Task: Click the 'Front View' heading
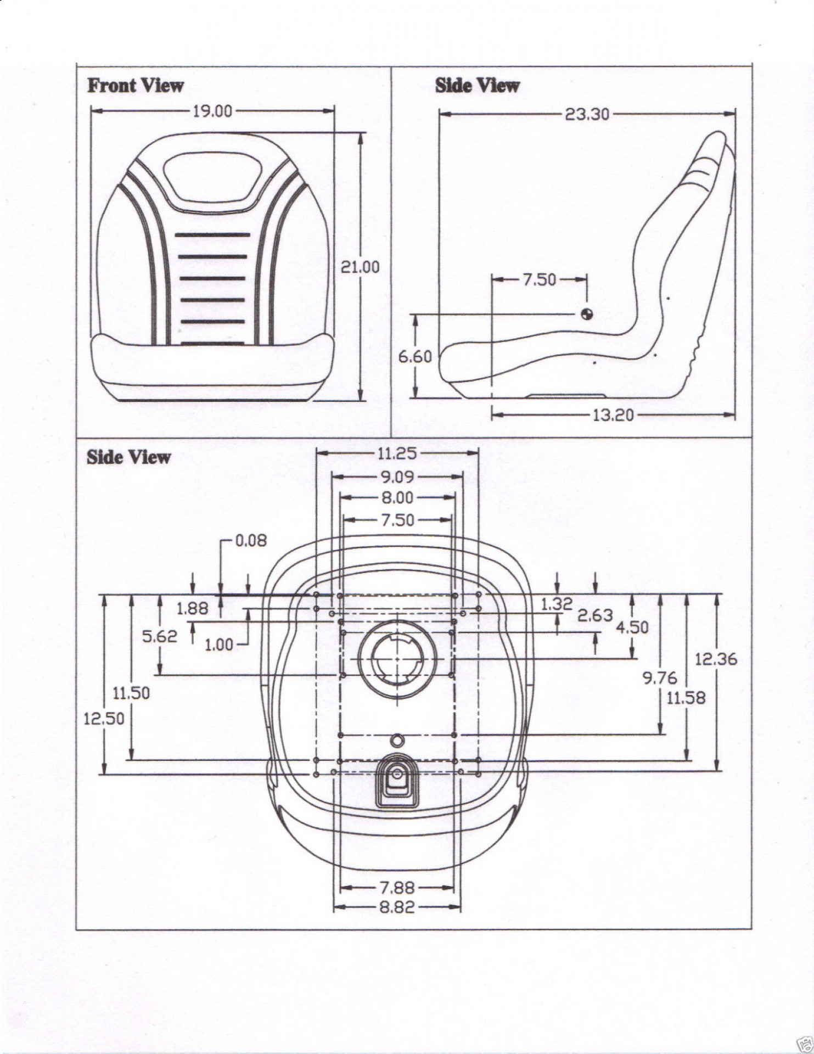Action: click(x=135, y=86)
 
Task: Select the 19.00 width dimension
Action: click(x=212, y=111)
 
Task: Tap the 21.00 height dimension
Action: click(x=360, y=267)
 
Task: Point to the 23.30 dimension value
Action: click(x=587, y=114)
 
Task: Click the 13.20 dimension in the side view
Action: click(x=613, y=415)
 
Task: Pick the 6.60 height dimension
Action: click(x=415, y=357)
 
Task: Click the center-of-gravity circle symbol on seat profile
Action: click(x=587, y=314)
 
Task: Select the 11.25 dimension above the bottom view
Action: click(x=396, y=453)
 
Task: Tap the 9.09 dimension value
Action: click(x=397, y=476)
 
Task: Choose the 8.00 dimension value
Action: click(x=397, y=498)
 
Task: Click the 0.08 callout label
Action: click(x=251, y=541)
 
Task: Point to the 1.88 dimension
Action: click(x=192, y=608)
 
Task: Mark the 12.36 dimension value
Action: click(x=716, y=659)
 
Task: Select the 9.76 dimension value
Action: click(x=660, y=678)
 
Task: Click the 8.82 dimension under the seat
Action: click(x=397, y=907)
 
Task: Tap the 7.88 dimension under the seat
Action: click(x=397, y=888)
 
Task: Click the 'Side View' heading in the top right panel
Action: click(x=476, y=86)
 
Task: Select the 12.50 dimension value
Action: click(x=104, y=718)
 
